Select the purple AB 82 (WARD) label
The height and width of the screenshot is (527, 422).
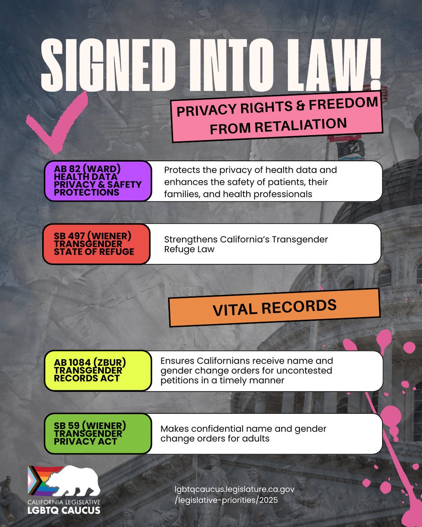[98, 181]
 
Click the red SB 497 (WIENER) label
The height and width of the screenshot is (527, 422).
[97, 244]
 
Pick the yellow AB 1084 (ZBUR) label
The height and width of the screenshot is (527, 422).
[98, 371]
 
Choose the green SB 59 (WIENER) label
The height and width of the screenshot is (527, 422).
[98, 433]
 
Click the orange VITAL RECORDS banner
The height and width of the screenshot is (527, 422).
[274, 307]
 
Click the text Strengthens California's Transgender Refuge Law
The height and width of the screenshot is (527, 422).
[246, 244]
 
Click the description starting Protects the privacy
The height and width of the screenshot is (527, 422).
[251, 181]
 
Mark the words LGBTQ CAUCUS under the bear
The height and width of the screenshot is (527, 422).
[64, 509]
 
